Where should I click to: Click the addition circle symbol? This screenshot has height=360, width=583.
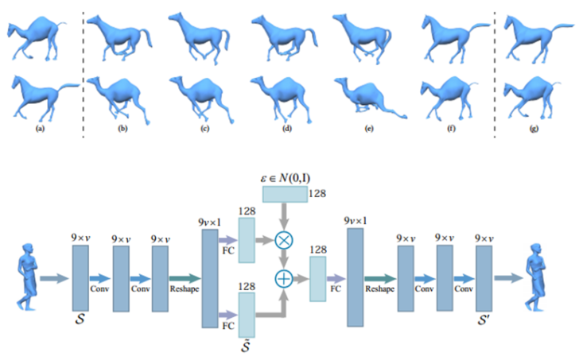point(282,278)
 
